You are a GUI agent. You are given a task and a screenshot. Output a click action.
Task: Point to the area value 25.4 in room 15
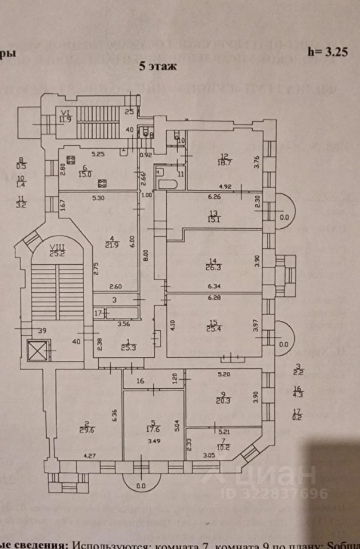coord(214,328)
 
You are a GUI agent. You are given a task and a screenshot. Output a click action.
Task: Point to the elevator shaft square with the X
coord(38,351)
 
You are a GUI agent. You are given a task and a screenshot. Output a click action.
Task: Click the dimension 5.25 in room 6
coord(98,154)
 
